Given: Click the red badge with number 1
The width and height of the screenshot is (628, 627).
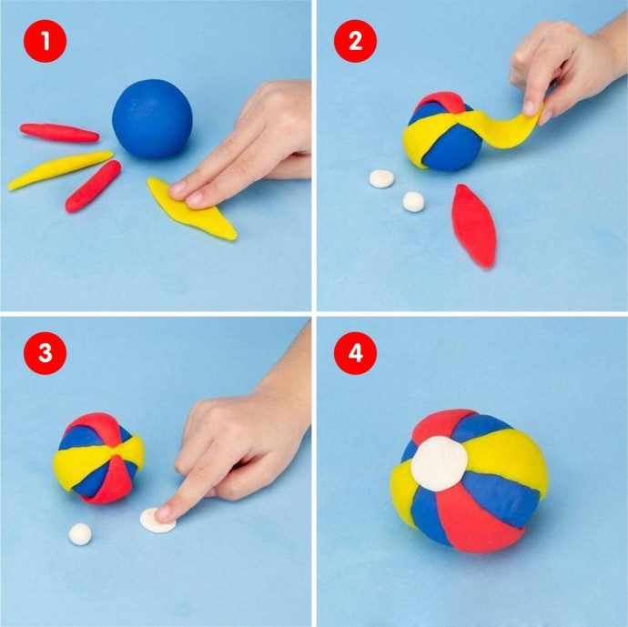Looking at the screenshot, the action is pyautogui.click(x=45, y=41).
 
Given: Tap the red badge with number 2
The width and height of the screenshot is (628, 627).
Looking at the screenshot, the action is pyautogui.click(x=355, y=41).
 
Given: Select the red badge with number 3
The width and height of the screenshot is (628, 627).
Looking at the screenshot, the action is pyautogui.click(x=45, y=353).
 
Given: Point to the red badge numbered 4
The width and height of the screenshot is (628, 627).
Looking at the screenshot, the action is pyautogui.click(x=355, y=353).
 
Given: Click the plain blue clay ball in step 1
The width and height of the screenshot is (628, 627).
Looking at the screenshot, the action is pyautogui.click(x=152, y=118).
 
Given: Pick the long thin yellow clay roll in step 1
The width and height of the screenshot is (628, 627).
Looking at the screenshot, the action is pyautogui.click(x=60, y=169).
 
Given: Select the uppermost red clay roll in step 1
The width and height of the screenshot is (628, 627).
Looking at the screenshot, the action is pyautogui.click(x=59, y=133).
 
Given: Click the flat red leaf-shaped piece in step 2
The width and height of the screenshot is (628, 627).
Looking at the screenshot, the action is pyautogui.click(x=474, y=227).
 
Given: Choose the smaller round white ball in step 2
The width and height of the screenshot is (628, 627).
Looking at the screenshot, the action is pyautogui.click(x=413, y=201).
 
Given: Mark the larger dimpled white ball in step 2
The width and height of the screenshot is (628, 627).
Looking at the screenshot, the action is pyautogui.click(x=381, y=178).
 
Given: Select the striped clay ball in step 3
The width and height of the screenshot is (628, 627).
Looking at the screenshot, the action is pyautogui.click(x=98, y=458).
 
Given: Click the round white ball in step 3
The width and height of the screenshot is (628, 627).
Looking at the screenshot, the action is pyautogui.click(x=80, y=534).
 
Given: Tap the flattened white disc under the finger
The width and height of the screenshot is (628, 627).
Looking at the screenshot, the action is pyautogui.click(x=157, y=521).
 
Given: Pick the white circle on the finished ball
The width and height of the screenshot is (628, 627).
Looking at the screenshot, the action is pyautogui.click(x=440, y=463).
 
